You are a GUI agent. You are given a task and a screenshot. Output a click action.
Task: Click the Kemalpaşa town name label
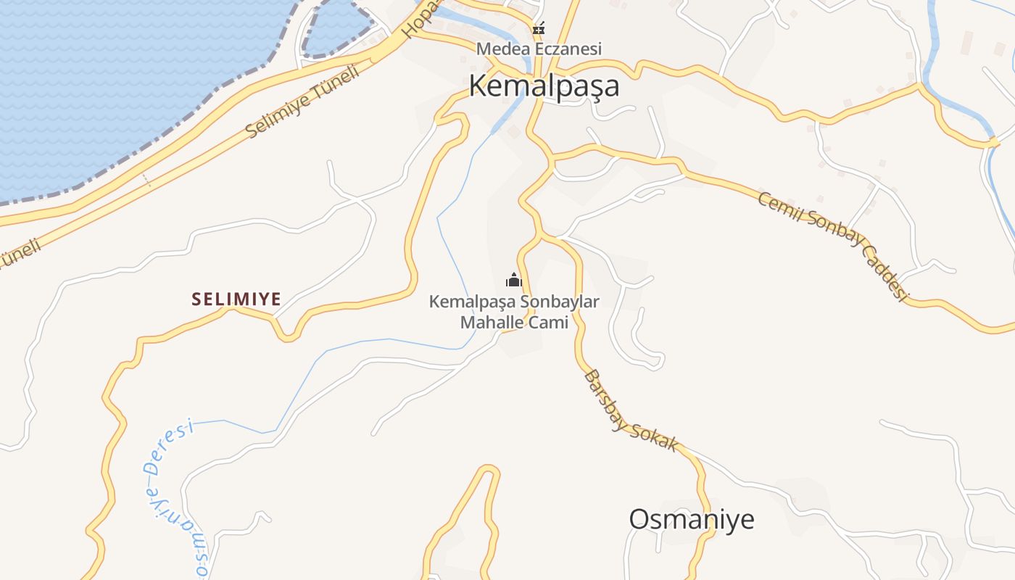click(544, 86)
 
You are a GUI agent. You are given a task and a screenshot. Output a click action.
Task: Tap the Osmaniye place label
click(691, 519)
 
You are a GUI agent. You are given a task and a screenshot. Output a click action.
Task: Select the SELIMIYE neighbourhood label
click(236, 299)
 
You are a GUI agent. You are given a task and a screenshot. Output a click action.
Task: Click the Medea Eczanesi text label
click(539, 49)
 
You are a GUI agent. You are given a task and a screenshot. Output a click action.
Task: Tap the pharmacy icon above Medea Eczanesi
click(539, 30)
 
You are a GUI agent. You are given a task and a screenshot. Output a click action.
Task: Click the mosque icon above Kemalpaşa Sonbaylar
click(514, 281)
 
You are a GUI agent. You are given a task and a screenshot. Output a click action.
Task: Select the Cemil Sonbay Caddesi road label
click(833, 245)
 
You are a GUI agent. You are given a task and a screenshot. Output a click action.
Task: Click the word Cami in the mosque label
click(548, 323)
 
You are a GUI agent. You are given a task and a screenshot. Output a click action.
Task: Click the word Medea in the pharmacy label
click(494, 49)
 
